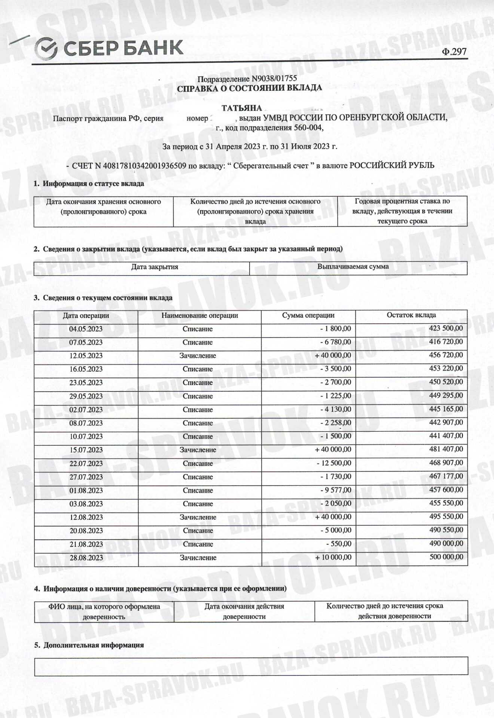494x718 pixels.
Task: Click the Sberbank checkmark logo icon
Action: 46,49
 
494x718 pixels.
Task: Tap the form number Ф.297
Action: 454,52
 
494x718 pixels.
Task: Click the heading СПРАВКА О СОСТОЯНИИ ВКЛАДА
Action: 249,88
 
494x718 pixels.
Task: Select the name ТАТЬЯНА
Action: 241,108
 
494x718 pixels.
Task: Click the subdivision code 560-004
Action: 308,128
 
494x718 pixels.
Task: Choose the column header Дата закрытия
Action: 155,267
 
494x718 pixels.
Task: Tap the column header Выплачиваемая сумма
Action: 353,267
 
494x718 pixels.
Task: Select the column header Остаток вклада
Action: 411,315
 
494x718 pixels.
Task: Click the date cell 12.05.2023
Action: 86,356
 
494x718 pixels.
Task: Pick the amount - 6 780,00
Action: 336,342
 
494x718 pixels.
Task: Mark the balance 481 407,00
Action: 446,449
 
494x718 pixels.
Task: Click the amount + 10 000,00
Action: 333,557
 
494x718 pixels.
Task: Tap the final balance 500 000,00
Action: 446,557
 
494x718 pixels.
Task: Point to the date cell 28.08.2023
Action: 86,558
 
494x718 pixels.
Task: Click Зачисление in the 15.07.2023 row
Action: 198,450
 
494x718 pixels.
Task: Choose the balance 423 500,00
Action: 446,328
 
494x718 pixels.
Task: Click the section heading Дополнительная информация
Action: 94,645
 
